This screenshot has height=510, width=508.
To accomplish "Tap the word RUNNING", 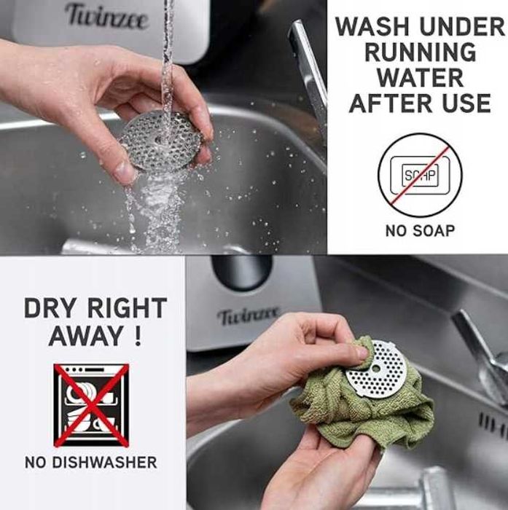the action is [x=420, y=52].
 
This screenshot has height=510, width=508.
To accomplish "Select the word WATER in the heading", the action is [x=420, y=78].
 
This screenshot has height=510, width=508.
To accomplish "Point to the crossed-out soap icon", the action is [x=420, y=175].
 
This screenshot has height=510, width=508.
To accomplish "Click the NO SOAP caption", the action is [x=420, y=231].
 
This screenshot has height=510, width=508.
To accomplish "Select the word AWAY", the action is [x=87, y=336].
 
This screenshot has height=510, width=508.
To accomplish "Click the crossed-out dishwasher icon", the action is [x=91, y=405].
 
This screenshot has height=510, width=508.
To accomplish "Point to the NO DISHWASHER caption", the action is [x=91, y=462].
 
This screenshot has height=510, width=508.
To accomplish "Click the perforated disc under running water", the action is [x=160, y=141].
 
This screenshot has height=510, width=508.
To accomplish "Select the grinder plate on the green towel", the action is [x=376, y=369].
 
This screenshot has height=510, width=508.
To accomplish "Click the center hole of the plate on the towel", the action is [x=376, y=369].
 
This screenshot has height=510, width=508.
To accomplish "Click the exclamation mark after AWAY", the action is [x=138, y=336].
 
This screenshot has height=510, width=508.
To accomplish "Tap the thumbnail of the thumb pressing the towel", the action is [x=362, y=353].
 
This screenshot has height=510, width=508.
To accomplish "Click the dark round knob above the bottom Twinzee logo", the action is [x=241, y=272].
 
